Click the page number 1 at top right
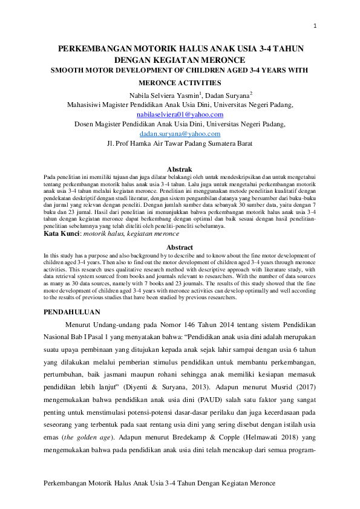[315, 26]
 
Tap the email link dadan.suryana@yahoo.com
[180, 134]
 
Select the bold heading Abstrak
[180, 169]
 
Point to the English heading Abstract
[180, 247]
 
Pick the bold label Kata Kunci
[62, 233]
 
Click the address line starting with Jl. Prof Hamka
[179, 144]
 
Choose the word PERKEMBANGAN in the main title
[96, 48]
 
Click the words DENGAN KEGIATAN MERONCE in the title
[180, 60]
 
